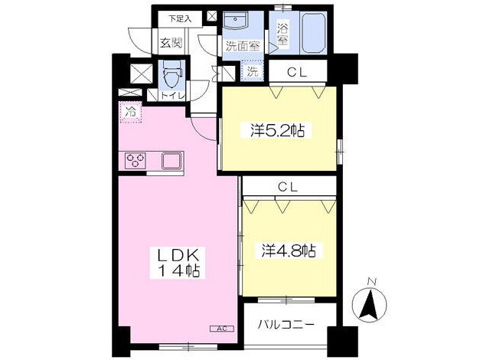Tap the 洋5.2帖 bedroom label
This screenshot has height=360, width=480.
[277, 131]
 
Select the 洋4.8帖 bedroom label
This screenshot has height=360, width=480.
[289, 250]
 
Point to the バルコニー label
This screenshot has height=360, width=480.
[286, 324]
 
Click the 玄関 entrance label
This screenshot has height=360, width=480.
[170, 44]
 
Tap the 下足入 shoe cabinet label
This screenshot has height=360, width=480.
[181, 17]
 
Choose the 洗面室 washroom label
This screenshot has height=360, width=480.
[241, 45]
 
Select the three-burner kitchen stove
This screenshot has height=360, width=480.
[136, 161]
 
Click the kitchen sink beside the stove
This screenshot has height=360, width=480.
[170, 161]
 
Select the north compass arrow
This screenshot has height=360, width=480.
[367, 304]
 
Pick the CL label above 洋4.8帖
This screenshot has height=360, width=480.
[287, 185]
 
